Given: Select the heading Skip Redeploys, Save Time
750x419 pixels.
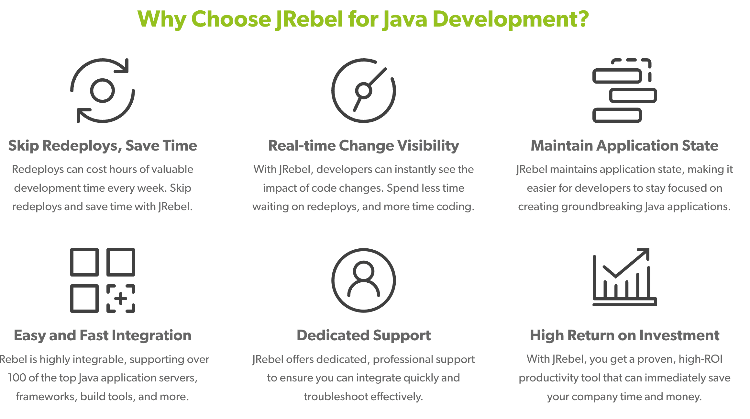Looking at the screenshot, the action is coord(103,146).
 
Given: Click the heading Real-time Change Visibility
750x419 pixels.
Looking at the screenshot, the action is coord(364,146).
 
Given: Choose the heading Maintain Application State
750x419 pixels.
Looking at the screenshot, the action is coord(624,146).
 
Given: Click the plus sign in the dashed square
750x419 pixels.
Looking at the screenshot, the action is coord(121,299).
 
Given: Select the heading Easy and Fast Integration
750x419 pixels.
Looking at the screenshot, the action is coord(103,335).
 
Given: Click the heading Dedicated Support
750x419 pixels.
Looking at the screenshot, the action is coord(364,335).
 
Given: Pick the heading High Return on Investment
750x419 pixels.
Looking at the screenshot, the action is coord(624,335).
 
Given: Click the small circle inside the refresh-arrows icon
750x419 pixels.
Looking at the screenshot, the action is coord(102,91).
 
